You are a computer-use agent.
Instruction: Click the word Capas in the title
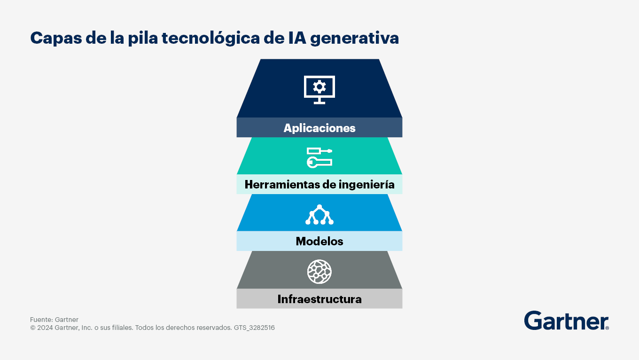click(56, 39)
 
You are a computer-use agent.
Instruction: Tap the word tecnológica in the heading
click(211, 39)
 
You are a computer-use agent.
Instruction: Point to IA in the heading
click(297, 38)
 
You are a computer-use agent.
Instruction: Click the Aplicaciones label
click(319, 128)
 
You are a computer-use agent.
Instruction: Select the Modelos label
click(319, 241)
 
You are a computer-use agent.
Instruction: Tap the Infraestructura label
click(319, 299)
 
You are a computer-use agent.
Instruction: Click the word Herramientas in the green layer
click(282, 185)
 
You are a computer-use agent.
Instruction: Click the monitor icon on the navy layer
click(319, 90)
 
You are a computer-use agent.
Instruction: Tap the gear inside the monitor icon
click(319, 87)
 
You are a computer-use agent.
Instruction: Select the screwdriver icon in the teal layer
click(319, 151)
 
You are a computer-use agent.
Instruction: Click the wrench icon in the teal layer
click(319, 162)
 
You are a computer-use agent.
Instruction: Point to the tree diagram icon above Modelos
click(319, 214)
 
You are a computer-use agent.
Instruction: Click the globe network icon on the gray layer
click(319, 272)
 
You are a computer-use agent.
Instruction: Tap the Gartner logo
click(567, 321)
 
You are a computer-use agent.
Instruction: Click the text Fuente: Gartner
click(54, 320)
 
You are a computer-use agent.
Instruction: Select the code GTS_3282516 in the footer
click(254, 328)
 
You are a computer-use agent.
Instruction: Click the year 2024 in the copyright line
click(45, 328)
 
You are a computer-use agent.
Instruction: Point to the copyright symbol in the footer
click(33, 328)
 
